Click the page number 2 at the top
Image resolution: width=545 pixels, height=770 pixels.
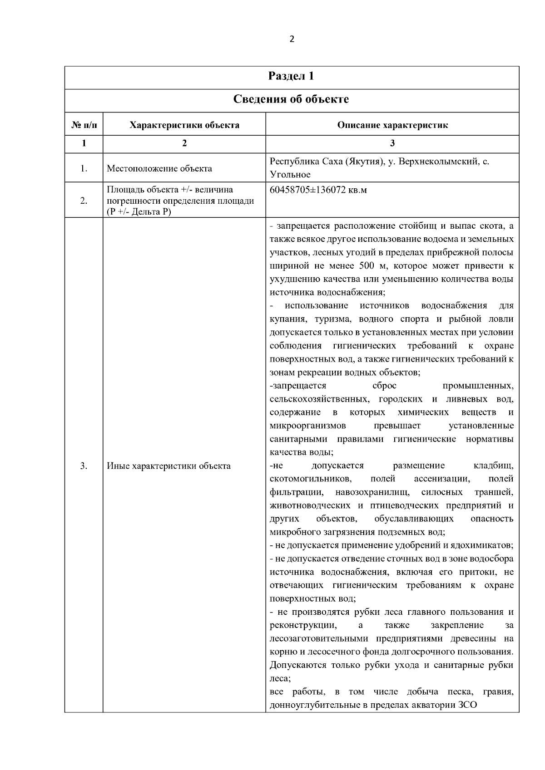point(292,39)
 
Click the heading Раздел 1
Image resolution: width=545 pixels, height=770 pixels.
point(291,76)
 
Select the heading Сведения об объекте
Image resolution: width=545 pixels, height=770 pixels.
point(291,99)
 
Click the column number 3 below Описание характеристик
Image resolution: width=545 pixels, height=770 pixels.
point(392,143)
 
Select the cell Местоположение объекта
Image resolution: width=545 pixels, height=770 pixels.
point(159,169)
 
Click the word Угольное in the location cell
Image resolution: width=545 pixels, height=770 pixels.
point(290,175)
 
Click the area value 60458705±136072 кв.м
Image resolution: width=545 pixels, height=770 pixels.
point(318,190)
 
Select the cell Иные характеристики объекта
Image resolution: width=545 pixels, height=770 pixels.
point(168,466)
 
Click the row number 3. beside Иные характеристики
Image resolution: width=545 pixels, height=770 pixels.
point(84,466)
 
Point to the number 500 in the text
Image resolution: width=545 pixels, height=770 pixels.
point(366,266)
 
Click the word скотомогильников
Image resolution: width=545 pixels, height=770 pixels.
point(310,479)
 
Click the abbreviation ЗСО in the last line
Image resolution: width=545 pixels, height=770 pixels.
point(466,705)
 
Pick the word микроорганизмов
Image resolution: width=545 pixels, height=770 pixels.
point(307,426)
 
